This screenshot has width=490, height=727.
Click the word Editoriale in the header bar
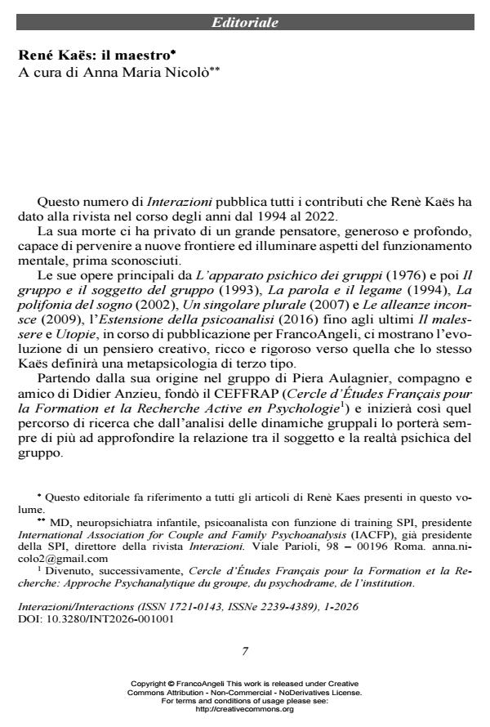click(245, 23)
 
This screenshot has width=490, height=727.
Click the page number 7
click(245, 651)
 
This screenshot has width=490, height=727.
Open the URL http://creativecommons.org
click(245, 710)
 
